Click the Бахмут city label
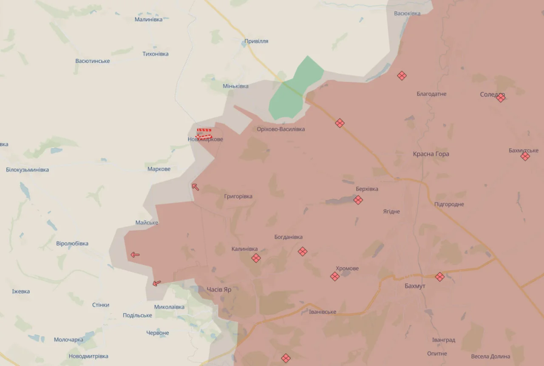(415, 286)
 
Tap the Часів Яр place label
(219, 289)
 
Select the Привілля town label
(256, 41)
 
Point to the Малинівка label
(148, 19)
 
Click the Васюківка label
(407, 13)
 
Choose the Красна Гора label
(431, 154)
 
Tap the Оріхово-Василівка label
(280, 129)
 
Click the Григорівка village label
(238, 196)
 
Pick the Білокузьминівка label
(27, 170)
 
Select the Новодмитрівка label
(88, 356)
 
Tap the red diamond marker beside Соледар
(501, 98)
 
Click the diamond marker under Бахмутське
(525, 156)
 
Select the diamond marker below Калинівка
(256, 258)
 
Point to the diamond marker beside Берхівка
(358, 200)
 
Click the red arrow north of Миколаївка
(157, 283)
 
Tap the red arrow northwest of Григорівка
(195, 187)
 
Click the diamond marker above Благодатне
(402, 76)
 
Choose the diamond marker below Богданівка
(303, 252)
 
